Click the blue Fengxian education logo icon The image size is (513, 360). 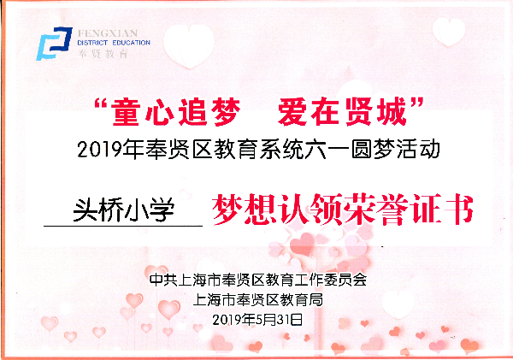click(54, 44)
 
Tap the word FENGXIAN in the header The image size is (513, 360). click(108, 33)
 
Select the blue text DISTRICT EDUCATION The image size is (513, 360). click(114, 43)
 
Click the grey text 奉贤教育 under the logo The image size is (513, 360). click(103, 53)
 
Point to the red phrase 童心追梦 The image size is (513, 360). click(175, 112)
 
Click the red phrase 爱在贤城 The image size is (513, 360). click(343, 112)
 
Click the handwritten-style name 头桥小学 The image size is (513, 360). click(124, 210)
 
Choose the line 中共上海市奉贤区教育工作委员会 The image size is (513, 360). click(258, 280)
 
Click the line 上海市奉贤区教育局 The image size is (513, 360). click(258, 300)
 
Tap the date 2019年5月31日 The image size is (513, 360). click(257, 319)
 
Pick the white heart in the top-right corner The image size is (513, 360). click(449, 32)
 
